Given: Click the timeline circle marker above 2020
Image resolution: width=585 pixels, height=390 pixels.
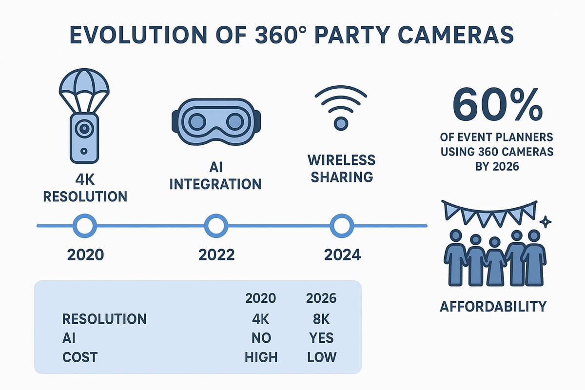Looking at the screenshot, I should tap(85, 226).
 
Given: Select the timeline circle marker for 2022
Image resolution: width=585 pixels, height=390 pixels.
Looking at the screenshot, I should tap(216, 226).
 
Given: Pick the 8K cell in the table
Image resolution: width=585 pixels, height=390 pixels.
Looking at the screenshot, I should tap(321, 319).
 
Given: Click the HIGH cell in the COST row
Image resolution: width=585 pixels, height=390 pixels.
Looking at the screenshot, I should tap(261, 357).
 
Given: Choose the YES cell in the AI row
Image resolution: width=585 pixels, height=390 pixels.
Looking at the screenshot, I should tap(321, 338).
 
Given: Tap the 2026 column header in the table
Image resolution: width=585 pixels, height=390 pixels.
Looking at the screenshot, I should tap(321, 298).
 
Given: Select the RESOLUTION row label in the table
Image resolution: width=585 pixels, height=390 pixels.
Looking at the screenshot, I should tap(104, 319).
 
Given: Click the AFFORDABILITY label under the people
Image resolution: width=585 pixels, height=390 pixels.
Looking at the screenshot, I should tap(493, 306).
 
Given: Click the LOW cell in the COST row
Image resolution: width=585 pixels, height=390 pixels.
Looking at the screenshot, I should tap(321, 357).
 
